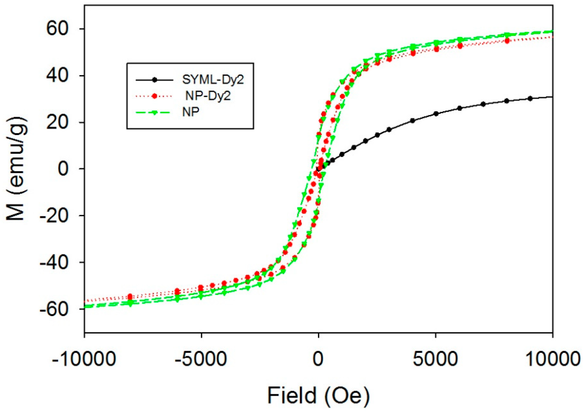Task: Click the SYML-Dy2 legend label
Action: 213,80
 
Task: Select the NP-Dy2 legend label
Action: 208,96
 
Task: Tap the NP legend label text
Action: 191,112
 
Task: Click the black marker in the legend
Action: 154,80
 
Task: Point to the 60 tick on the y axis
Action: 58,29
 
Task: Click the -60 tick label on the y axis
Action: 54,309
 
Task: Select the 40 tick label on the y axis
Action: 58,75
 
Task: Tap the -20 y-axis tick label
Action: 54,216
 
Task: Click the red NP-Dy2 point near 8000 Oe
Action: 507,41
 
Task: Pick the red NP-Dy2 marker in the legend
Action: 154,96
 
